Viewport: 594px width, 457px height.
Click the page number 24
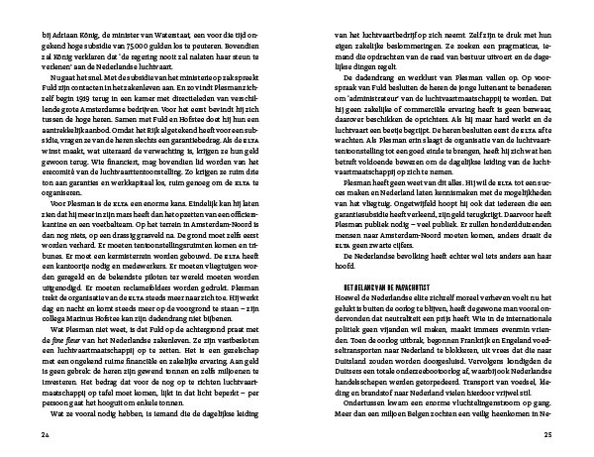(45, 434)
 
